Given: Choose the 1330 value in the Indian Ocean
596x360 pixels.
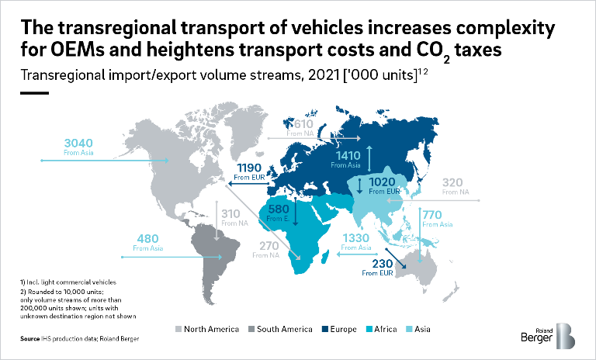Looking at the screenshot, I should tap(356, 237).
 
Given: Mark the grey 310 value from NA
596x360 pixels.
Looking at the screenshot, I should tap(230, 213).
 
